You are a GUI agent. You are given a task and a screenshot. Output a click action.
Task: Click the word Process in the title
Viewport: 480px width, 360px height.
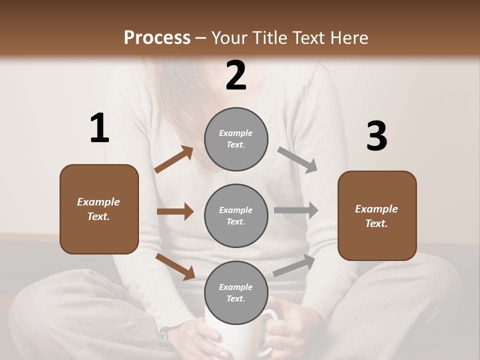coord(157,37)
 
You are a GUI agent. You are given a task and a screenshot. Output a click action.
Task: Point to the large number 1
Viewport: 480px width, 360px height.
coord(99,128)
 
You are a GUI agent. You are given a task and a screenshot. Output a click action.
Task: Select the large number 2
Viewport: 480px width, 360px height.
coord(236,75)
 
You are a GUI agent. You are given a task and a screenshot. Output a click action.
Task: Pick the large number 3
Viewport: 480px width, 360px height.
coord(376,137)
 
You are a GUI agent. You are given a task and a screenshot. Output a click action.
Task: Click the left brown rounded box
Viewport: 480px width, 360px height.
coord(99,209)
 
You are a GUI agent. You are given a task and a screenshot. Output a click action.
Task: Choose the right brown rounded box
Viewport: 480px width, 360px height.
coord(377,215)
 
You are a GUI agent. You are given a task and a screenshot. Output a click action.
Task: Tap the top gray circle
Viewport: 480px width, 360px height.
coord(236,139)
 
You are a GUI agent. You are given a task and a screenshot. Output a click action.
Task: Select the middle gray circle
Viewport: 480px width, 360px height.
coord(236,215)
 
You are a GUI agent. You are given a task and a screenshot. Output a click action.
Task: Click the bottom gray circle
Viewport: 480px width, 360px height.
coord(236,292)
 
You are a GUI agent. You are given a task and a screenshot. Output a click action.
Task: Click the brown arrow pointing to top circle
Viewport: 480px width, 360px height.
coord(174,159)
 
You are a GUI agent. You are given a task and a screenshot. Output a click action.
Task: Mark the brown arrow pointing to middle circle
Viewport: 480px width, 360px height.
coord(175,211)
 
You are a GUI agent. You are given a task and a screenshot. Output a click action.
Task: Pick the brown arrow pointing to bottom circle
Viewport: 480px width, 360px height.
coord(175,266)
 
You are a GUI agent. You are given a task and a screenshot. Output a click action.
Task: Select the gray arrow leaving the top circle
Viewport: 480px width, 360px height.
coord(297,160)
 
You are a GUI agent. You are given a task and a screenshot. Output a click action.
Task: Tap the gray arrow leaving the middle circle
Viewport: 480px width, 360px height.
coord(296,210)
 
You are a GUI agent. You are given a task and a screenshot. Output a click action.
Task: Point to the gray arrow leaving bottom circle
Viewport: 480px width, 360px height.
coord(294,265)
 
